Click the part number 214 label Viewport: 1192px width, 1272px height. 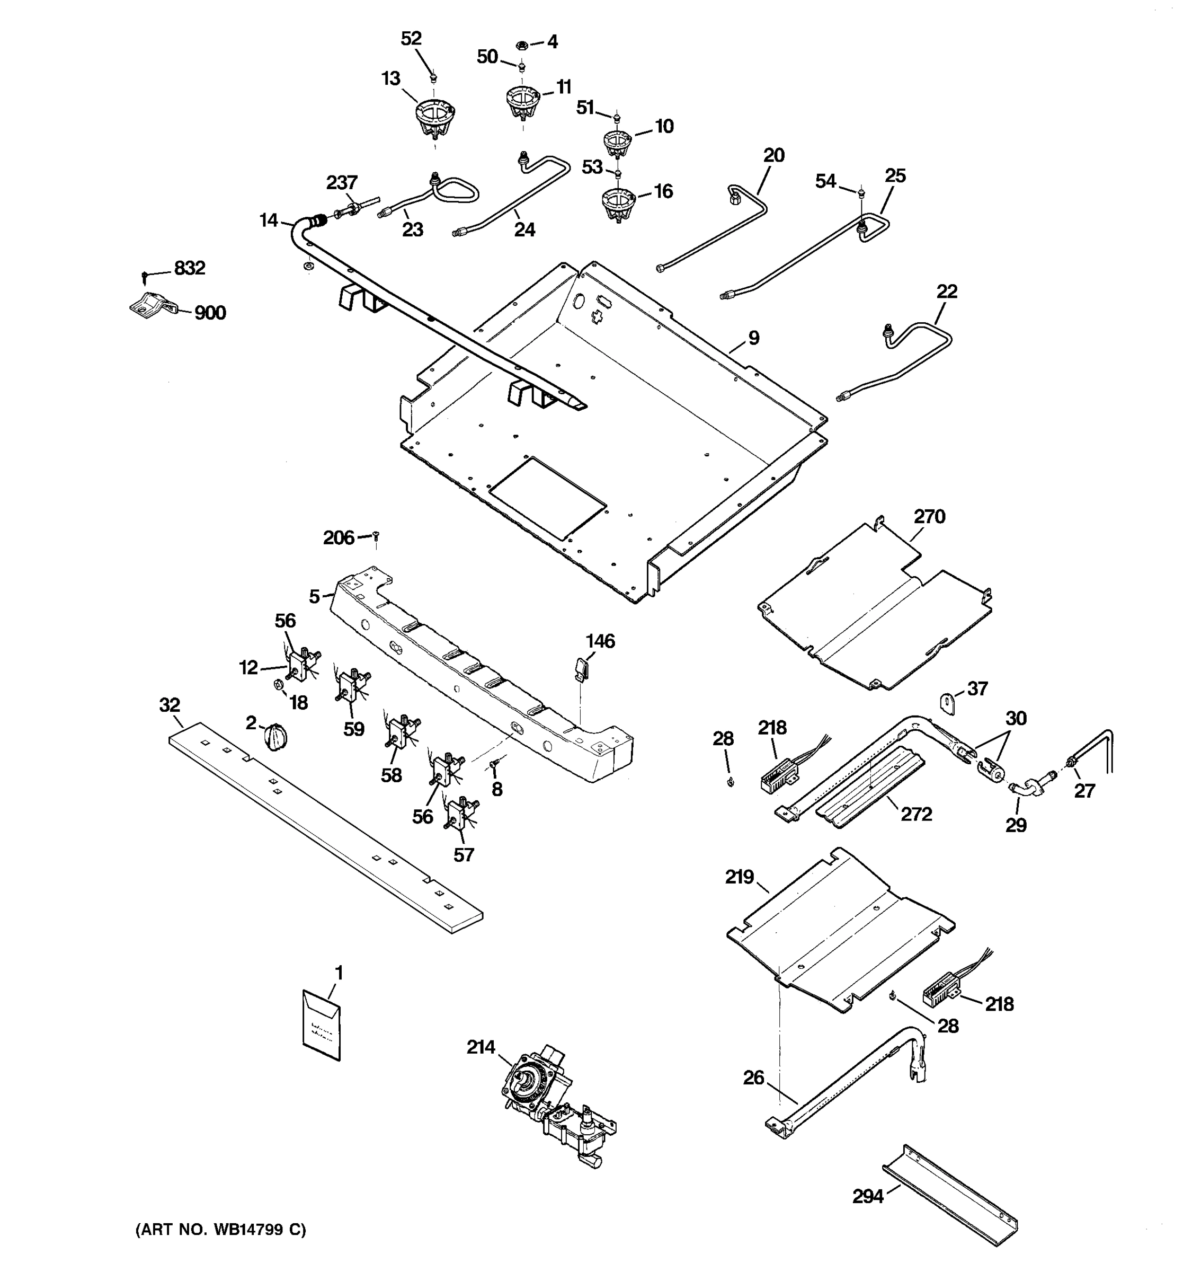(x=481, y=1047)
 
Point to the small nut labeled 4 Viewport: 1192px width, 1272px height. (x=521, y=45)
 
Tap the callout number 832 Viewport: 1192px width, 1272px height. (x=190, y=268)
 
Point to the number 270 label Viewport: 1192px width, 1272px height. (x=929, y=516)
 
